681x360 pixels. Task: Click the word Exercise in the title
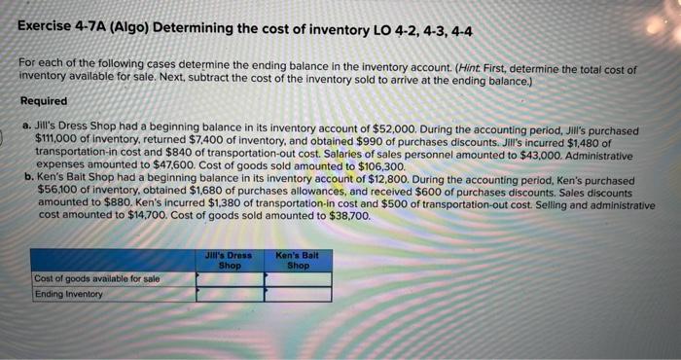click(x=48, y=30)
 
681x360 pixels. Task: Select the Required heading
click(x=44, y=101)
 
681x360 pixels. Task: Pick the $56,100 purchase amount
click(x=56, y=194)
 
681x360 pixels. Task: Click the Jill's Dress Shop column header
click(x=229, y=261)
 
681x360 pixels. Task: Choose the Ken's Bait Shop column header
click(x=297, y=261)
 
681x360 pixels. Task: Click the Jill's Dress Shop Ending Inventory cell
click(x=230, y=294)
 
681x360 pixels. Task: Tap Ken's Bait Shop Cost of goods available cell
click(x=298, y=279)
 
